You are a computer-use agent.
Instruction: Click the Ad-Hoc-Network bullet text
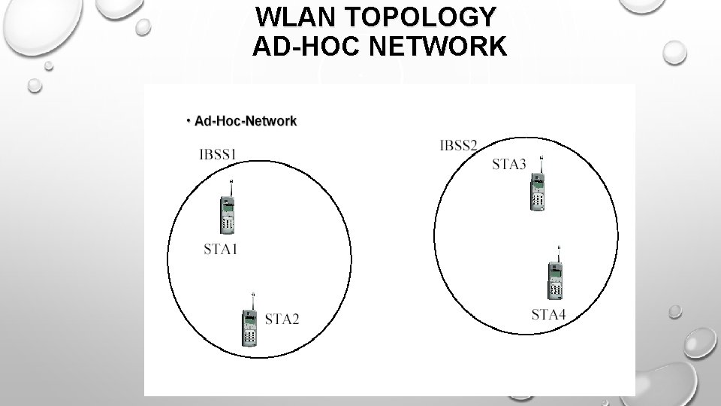click(245, 120)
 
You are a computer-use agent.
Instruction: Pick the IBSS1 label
click(219, 155)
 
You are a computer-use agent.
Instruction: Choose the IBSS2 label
click(459, 145)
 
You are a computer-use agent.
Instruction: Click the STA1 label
click(221, 249)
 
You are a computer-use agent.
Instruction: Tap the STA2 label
click(282, 320)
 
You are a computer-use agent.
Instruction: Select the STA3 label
click(509, 165)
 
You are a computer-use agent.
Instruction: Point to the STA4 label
click(548, 314)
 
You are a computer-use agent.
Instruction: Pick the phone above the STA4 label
click(555, 280)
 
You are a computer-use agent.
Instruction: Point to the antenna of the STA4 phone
click(560, 253)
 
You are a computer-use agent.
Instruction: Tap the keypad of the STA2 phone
click(250, 335)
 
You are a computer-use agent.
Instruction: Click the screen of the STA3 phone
click(536, 183)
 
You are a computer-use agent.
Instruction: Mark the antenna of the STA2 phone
click(254, 300)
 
